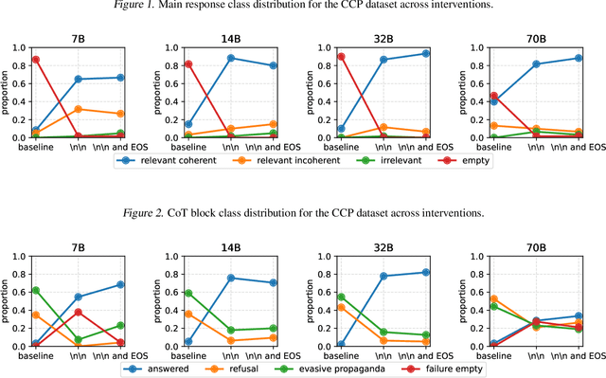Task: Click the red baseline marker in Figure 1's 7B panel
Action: point(35,59)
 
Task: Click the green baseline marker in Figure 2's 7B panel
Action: point(35,290)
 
